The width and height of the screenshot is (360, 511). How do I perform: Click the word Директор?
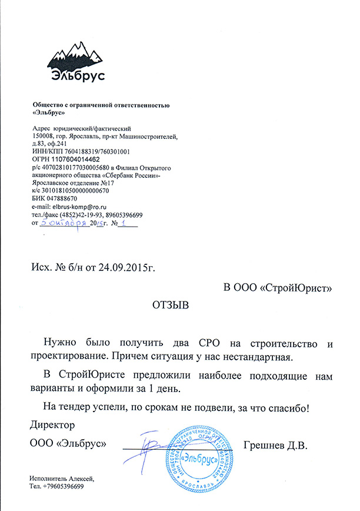[x=52, y=424]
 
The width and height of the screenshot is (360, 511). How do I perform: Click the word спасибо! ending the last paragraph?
[x=288, y=406]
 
